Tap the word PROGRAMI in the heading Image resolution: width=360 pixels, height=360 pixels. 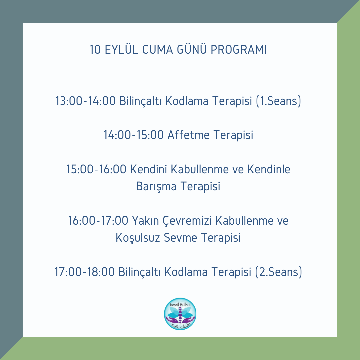click(239, 50)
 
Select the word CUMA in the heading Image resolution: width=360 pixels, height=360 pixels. click(157, 50)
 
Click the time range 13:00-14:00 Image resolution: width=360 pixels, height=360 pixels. click(85, 101)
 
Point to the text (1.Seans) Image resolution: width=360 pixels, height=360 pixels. click(278, 101)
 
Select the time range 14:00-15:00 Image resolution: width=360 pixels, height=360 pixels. click(134, 135)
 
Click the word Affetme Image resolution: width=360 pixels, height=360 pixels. click(188, 135)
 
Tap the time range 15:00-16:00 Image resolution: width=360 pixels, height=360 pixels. click(96, 169)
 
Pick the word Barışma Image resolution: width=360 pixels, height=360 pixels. click(156, 186)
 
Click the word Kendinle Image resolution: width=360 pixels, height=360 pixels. click(269, 169)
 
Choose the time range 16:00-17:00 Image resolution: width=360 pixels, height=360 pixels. click(98, 221)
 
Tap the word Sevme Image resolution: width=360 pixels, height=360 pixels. click(180, 238)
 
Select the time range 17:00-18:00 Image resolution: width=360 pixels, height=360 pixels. click(84, 272)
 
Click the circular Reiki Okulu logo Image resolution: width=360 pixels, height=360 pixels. click(180, 314)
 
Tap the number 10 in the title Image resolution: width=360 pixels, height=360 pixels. click(95, 50)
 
